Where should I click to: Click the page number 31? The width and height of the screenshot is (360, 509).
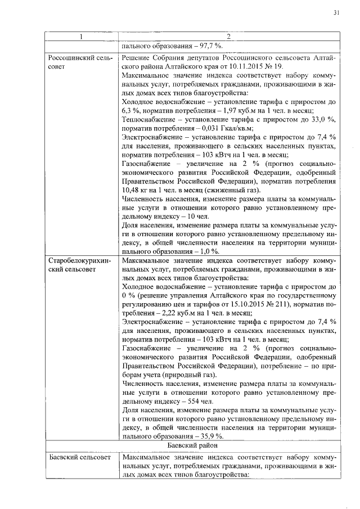tap(336, 12)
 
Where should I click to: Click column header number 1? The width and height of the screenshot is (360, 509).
tap(81, 37)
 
